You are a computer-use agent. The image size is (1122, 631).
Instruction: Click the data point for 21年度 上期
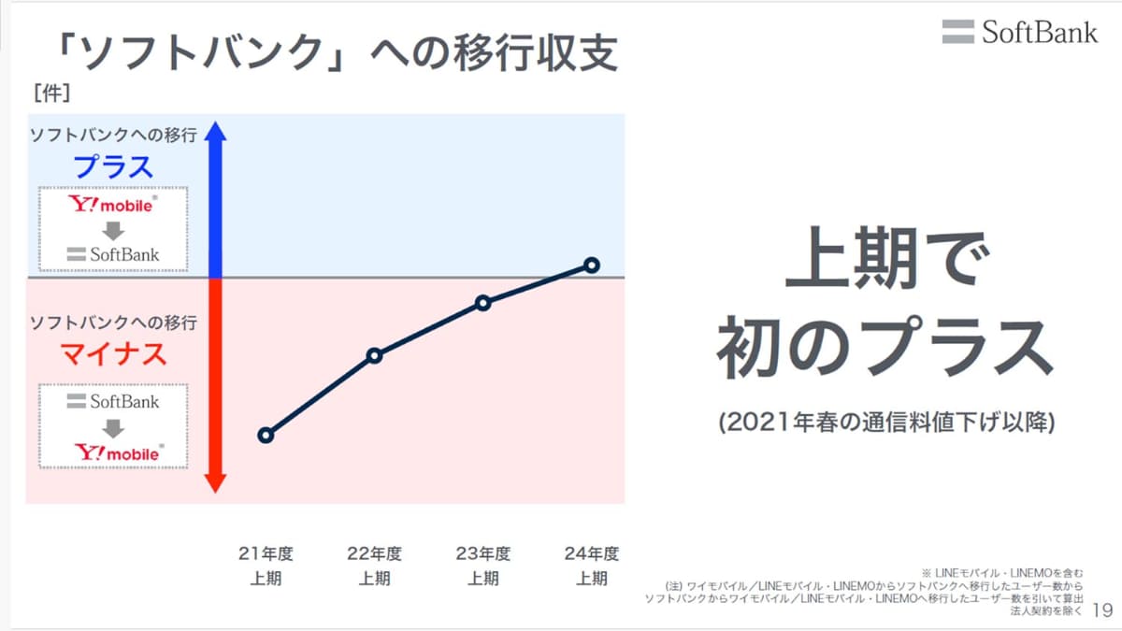266,436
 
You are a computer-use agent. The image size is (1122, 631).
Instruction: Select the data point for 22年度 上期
374,355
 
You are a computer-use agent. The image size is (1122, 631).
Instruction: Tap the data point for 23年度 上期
482,303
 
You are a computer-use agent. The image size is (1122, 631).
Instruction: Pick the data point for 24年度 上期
591,265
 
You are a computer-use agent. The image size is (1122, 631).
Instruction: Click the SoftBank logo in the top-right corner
1020,32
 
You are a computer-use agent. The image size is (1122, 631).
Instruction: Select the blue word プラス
113,167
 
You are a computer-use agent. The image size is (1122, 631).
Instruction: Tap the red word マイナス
113,354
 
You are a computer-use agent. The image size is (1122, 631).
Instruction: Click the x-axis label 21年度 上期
266,566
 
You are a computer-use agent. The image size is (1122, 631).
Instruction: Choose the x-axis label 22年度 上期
374,566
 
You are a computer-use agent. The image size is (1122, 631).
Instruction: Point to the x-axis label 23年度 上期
482,566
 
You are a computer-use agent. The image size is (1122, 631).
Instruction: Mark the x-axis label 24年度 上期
591,566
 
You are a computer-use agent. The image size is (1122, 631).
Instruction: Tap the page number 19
1102,610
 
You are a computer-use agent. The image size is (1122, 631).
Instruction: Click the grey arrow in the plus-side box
113,230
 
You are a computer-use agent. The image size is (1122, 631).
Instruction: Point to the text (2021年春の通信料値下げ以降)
886,423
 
